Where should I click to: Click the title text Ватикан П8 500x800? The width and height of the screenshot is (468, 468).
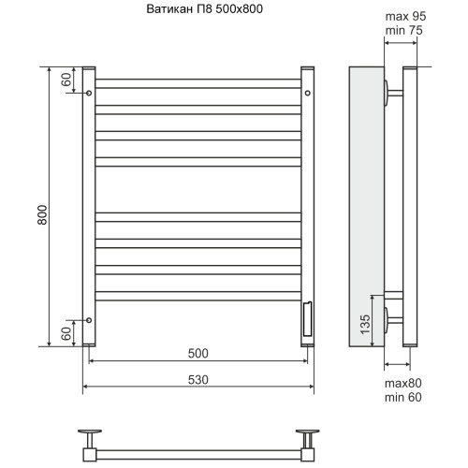[205, 9]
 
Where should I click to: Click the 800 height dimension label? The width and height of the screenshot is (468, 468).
[42, 214]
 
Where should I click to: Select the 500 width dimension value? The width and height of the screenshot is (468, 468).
[198, 353]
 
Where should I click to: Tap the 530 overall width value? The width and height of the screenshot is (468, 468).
[198, 380]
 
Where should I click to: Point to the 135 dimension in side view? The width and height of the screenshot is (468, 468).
[365, 325]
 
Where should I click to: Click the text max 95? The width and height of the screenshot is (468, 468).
[405, 16]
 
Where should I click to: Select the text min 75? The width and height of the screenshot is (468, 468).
[404, 30]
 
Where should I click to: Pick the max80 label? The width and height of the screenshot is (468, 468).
[403, 383]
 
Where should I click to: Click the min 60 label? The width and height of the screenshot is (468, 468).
[403, 397]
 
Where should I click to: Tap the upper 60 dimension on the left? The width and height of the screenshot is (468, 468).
[66, 80]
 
